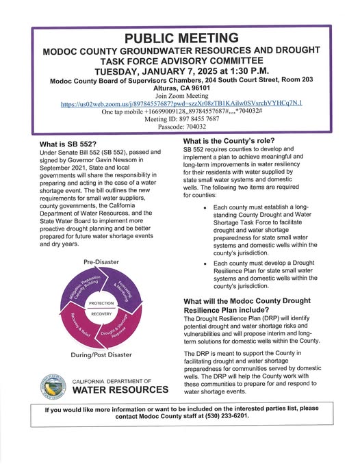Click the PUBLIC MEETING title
coord(181,38)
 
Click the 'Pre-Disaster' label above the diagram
coord(101,262)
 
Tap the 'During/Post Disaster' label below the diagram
coord(101,354)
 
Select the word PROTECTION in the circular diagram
coord(101,302)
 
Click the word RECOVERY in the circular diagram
coord(101,314)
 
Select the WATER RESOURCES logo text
coord(120,390)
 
